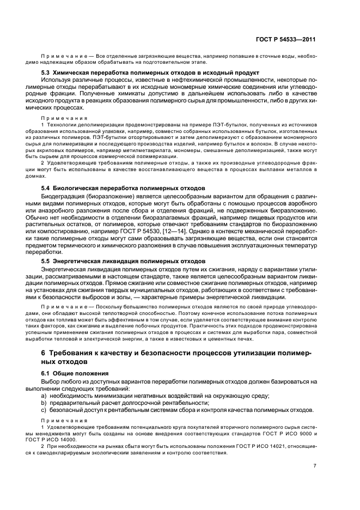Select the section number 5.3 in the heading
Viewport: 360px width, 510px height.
tap(47, 73)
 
